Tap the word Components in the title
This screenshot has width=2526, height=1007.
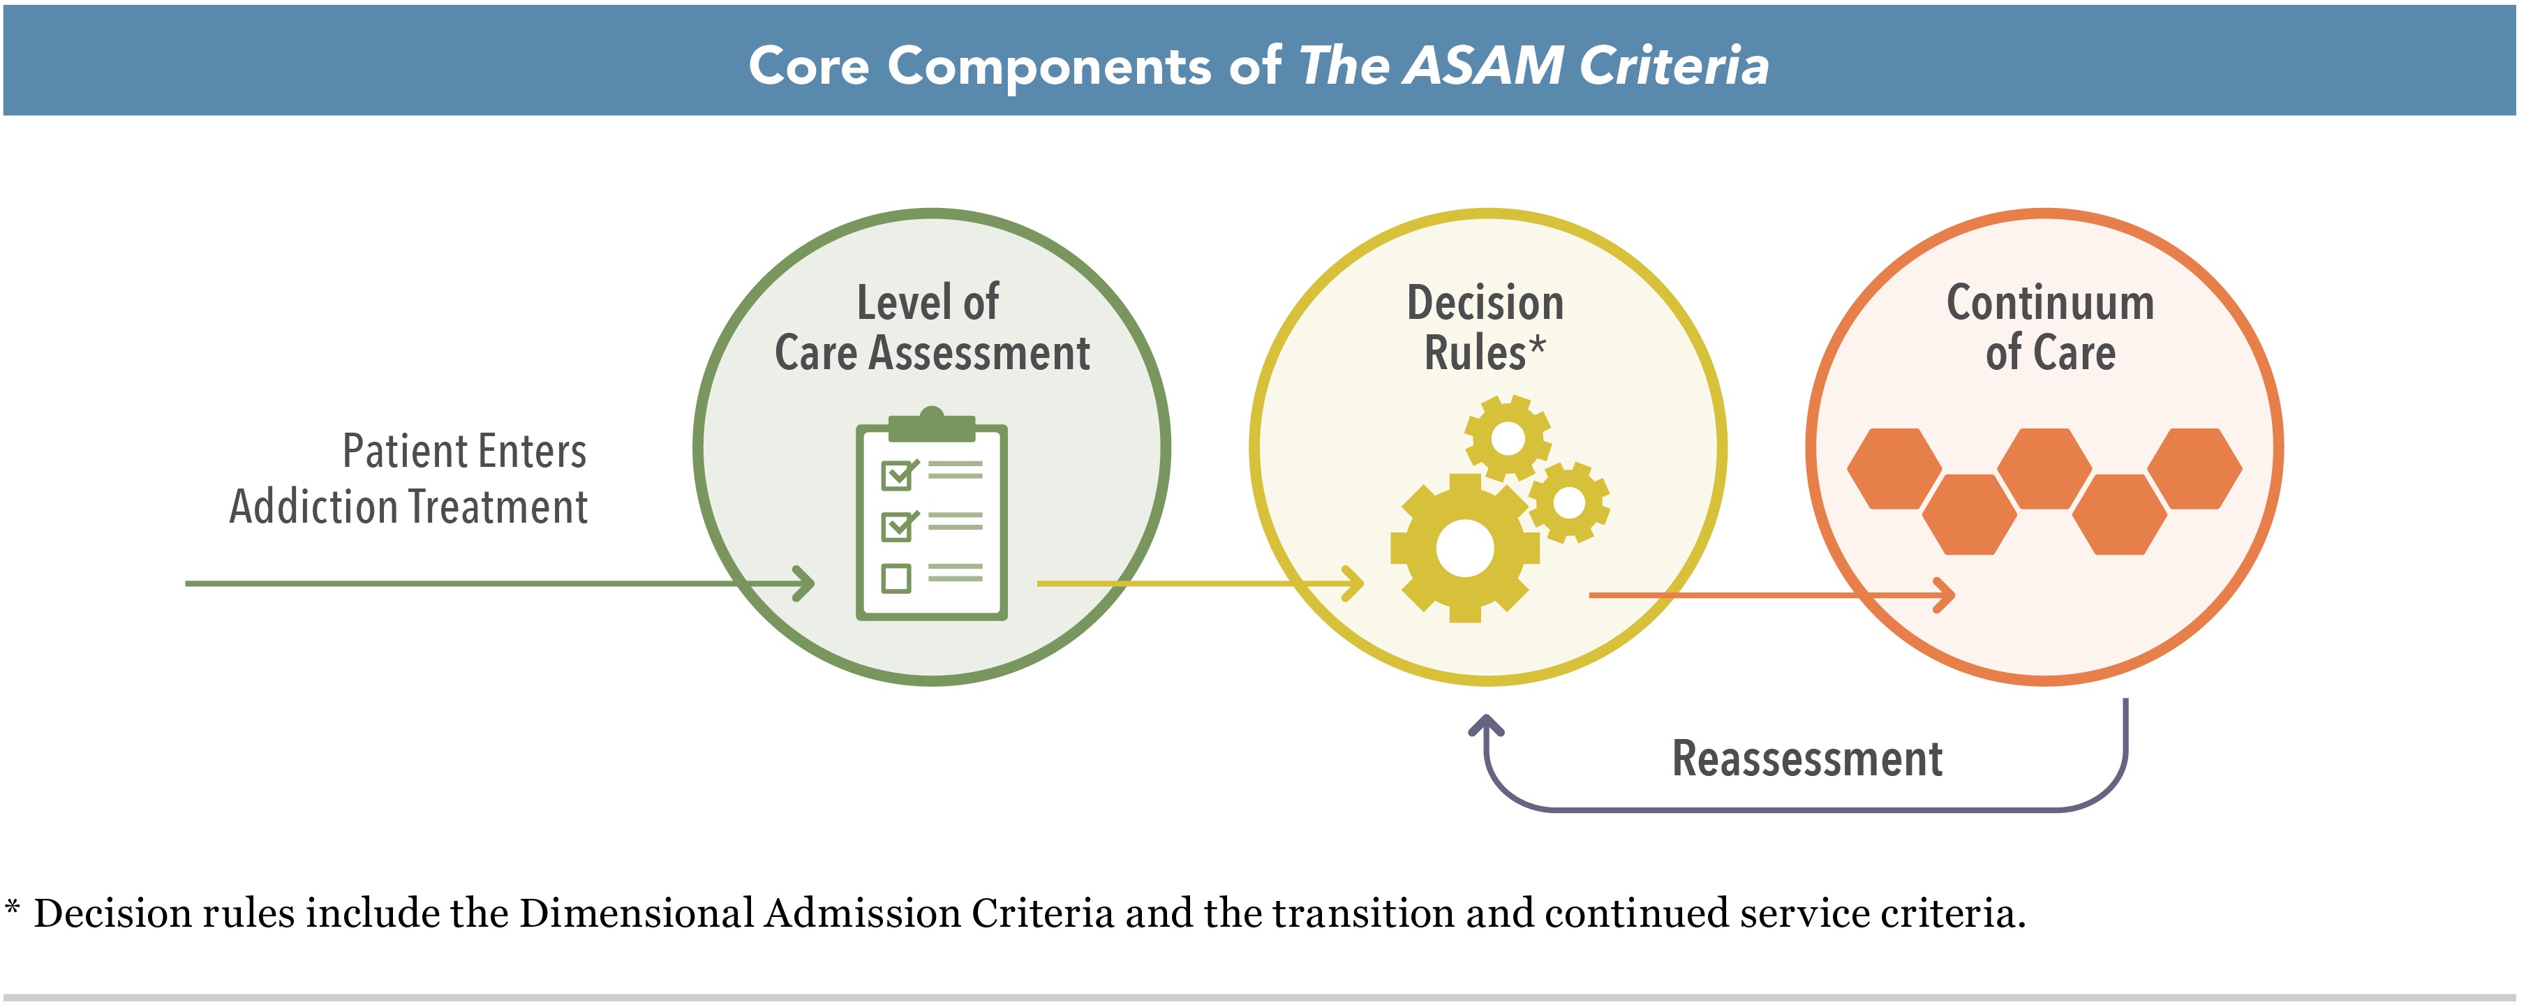[x=1049, y=67]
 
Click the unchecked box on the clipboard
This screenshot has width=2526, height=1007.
[x=896, y=578]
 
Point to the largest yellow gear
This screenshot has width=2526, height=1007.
[x=1464, y=548]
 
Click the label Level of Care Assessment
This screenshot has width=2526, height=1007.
[x=932, y=327]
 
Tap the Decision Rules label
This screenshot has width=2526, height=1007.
[x=1485, y=327]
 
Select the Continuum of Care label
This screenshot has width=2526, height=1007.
[x=2049, y=327]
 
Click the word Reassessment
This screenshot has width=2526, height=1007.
[x=1806, y=758]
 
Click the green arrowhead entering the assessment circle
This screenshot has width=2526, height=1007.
[x=804, y=583]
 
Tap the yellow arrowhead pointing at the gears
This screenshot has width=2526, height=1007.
[x=1353, y=583]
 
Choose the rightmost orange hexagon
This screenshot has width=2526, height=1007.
[x=2194, y=469]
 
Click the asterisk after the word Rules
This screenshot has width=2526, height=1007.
[x=1538, y=345]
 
